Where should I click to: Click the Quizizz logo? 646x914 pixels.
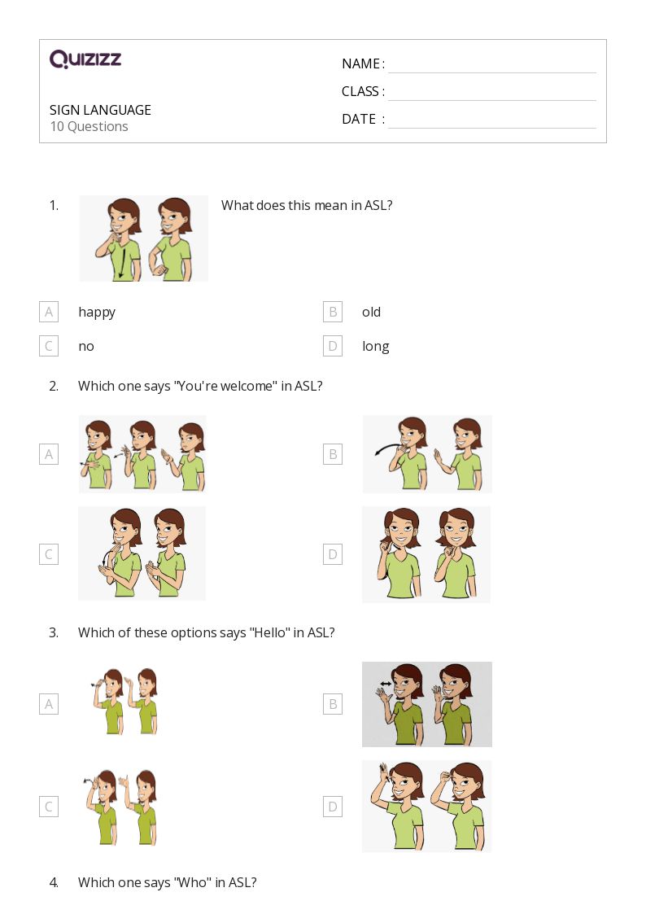(x=85, y=59)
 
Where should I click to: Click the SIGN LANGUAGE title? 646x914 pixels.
(x=100, y=110)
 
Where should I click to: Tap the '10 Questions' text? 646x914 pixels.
(x=89, y=126)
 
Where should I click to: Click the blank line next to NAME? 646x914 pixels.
(x=491, y=65)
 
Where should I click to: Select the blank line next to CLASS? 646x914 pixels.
(x=491, y=92)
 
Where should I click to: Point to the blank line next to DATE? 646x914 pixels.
(x=491, y=120)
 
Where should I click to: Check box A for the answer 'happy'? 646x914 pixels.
(x=49, y=312)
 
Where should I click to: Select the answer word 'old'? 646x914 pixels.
(x=371, y=312)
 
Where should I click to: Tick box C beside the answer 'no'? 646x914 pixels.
(x=49, y=346)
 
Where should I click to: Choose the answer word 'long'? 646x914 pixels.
(x=375, y=346)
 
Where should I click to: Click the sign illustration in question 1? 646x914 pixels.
(x=144, y=238)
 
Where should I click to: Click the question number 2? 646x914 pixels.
(x=54, y=386)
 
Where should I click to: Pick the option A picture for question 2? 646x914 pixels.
(x=142, y=454)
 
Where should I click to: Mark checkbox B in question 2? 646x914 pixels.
(x=332, y=454)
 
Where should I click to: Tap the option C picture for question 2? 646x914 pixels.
(x=142, y=553)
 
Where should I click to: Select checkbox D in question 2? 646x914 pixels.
(x=332, y=554)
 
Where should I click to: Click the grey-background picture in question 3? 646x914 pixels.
(x=426, y=704)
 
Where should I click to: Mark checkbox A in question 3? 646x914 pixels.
(x=49, y=704)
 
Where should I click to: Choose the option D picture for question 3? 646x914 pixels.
(x=426, y=806)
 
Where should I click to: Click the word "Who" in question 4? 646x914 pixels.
(x=190, y=882)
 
